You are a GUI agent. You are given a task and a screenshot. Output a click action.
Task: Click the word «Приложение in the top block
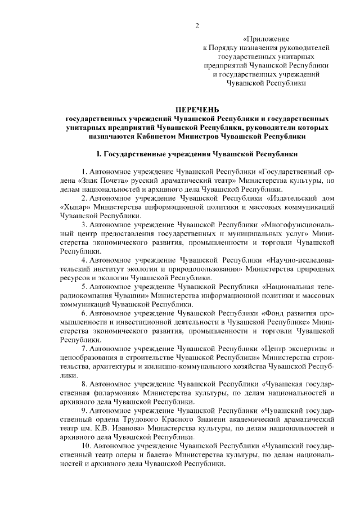265,39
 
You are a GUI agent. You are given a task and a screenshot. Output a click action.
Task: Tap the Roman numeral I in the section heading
98,154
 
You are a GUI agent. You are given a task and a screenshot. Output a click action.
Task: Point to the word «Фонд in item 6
273,313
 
